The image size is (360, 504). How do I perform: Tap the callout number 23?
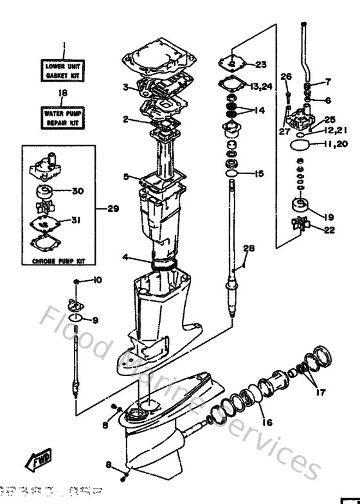pyautogui.click(x=260, y=64)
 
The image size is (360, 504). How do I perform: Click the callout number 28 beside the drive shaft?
pyautogui.click(x=249, y=248)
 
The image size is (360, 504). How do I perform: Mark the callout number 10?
pyautogui.click(x=98, y=280)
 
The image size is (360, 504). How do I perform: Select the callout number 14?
pyautogui.click(x=259, y=110)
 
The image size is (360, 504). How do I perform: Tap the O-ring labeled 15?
pyautogui.click(x=235, y=174)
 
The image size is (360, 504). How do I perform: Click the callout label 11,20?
pyautogui.click(x=335, y=145)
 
